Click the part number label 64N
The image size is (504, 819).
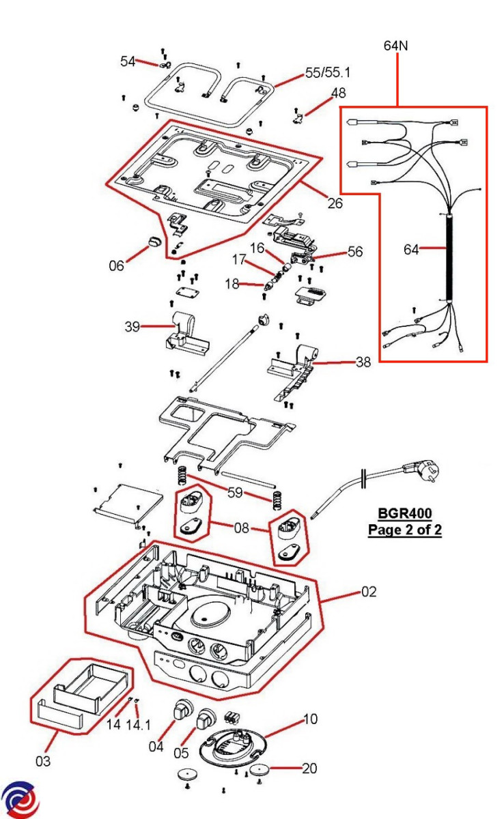pyautogui.click(x=397, y=46)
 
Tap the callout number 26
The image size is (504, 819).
pyautogui.click(x=335, y=203)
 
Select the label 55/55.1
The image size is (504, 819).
pyautogui.click(x=328, y=72)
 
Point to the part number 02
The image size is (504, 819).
pyautogui.click(x=369, y=592)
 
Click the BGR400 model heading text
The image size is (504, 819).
pyautogui.click(x=405, y=513)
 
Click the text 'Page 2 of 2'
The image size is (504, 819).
pyautogui.click(x=405, y=530)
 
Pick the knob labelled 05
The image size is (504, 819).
pyautogui.click(x=206, y=719)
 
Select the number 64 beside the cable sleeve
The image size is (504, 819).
pyautogui.click(x=411, y=250)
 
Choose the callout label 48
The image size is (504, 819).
pyautogui.click(x=338, y=93)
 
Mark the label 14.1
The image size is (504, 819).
pyautogui.click(x=138, y=724)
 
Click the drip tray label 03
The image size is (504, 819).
pyautogui.click(x=43, y=760)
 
